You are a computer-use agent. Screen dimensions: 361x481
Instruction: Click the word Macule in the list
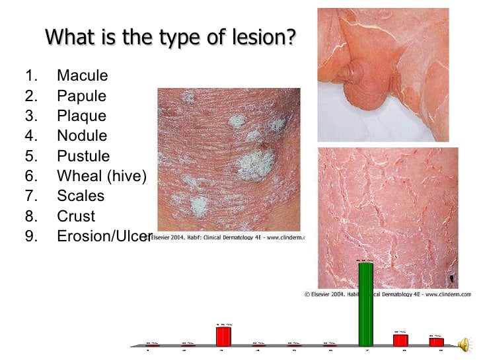point(82,75)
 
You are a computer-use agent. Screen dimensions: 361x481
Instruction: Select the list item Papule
point(81,96)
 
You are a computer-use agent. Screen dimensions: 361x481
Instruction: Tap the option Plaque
point(81,116)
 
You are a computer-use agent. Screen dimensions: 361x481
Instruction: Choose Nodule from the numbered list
point(82,136)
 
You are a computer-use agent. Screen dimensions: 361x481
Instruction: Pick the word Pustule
point(83,157)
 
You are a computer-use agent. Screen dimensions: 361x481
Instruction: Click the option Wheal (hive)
point(101,177)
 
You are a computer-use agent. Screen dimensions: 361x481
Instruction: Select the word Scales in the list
point(81,196)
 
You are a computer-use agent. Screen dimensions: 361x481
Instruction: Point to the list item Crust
point(76,217)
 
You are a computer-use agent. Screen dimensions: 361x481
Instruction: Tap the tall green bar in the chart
point(365,304)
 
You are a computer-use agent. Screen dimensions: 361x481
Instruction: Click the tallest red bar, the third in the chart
point(224,337)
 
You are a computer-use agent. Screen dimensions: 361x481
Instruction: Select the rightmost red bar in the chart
point(436,342)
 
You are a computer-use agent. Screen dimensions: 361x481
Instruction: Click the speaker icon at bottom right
point(466,343)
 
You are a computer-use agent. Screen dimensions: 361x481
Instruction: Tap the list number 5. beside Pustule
point(31,157)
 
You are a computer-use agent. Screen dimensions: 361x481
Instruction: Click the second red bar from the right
point(400,340)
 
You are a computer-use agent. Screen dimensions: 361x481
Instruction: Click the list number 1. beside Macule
point(31,75)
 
